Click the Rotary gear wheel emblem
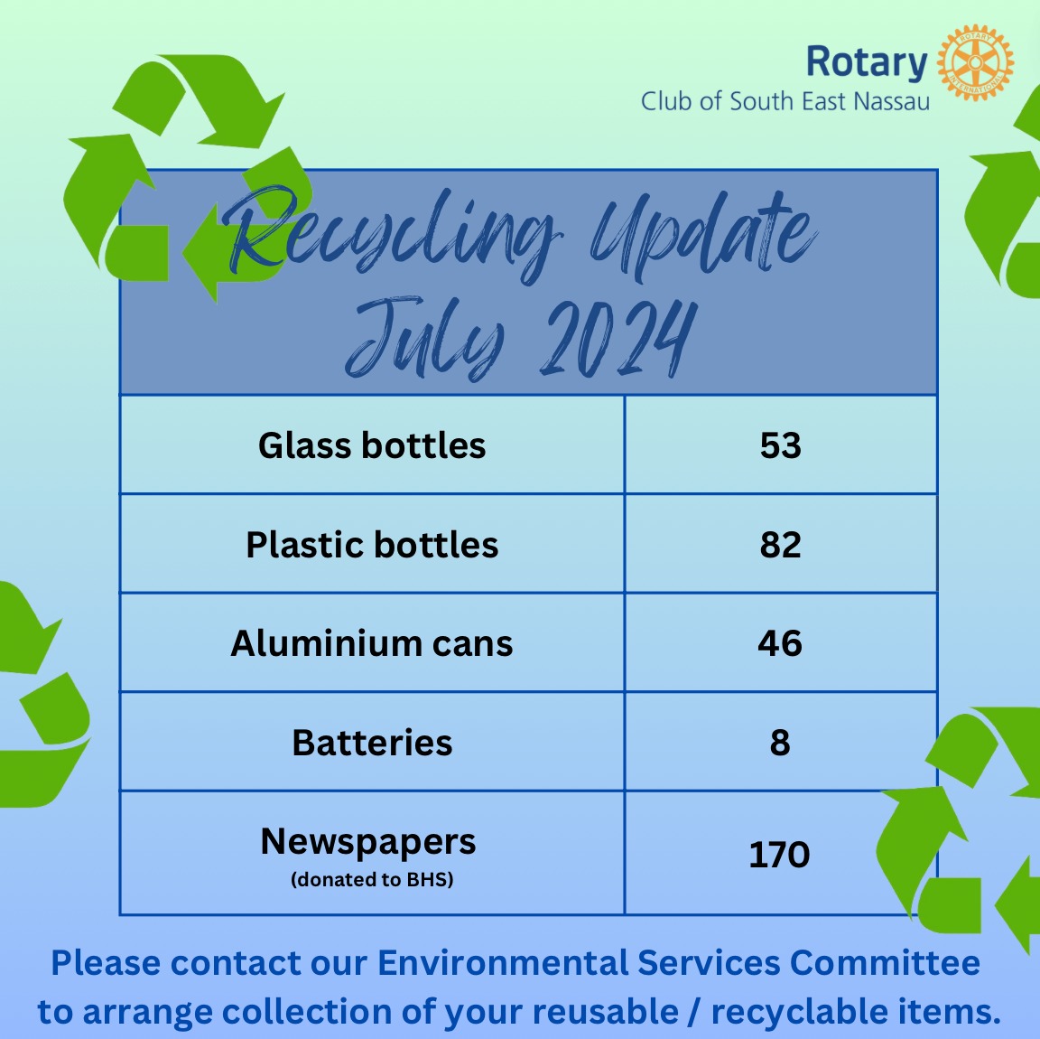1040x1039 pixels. click(975, 63)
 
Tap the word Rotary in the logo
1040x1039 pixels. click(867, 63)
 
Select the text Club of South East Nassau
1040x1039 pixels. click(785, 101)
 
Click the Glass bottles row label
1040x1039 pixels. click(372, 445)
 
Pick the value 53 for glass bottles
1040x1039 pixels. click(781, 445)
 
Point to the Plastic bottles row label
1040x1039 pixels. click(372, 545)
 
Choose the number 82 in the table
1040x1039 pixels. click(781, 545)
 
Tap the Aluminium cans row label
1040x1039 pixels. click(372, 643)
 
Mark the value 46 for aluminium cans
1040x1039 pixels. click(780, 643)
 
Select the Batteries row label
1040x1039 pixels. click(372, 743)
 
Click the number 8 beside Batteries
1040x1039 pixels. click(780, 743)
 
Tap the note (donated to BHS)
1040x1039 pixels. click(372, 880)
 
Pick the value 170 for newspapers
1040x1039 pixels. click(779, 855)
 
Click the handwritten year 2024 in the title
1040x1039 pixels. click(618, 339)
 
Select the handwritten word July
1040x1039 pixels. click(424, 339)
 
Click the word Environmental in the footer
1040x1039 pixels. click(503, 962)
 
